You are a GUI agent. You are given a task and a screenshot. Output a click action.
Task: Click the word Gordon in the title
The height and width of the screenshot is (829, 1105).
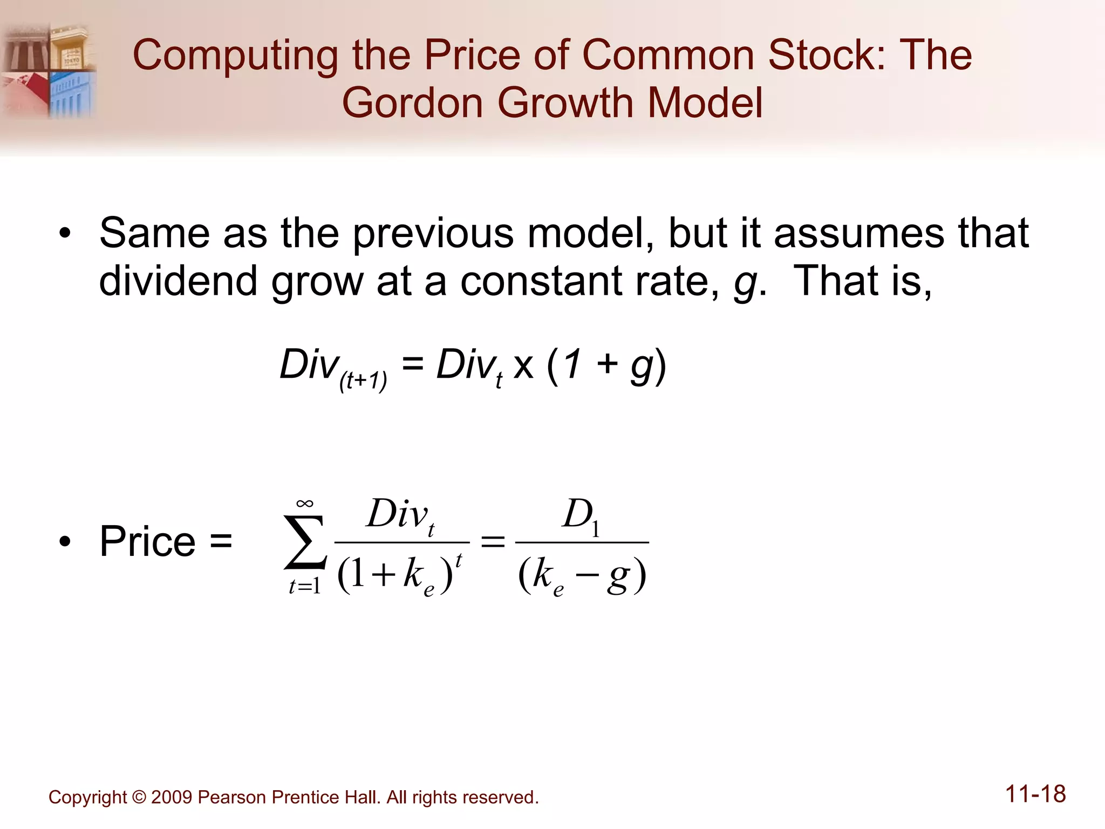click(412, 103)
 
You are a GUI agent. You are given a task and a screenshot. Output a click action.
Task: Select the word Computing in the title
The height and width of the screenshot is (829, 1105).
click(235, 56)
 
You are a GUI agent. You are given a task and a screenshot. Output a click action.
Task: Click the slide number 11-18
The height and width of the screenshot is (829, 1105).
click(1035, 794)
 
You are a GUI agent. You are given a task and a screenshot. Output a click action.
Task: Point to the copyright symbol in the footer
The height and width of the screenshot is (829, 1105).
click(139, 797)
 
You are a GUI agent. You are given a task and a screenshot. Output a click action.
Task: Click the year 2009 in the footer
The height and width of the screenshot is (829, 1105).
click(172, 797)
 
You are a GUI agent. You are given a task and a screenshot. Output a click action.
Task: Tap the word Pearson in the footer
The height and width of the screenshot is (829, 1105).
click(231, 797)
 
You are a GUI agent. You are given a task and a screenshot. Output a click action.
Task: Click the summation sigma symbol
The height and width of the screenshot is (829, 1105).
click(305, 542)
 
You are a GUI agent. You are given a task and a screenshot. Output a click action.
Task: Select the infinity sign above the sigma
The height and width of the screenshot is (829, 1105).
click(305, 504)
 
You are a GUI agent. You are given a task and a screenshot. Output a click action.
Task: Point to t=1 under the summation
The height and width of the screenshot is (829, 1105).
click(305, 586)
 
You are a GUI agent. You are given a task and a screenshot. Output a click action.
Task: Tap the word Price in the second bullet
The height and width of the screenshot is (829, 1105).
click(147, 541)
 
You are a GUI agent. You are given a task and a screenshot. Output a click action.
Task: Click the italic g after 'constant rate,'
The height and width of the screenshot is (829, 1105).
click(745, 282)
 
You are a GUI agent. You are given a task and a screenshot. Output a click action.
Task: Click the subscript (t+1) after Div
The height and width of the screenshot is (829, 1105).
click(363, 380)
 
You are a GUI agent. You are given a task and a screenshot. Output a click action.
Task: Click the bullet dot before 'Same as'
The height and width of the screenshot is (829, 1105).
click(65, 234)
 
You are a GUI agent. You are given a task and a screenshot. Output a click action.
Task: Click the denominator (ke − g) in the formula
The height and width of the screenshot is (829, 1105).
click(582, 575)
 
